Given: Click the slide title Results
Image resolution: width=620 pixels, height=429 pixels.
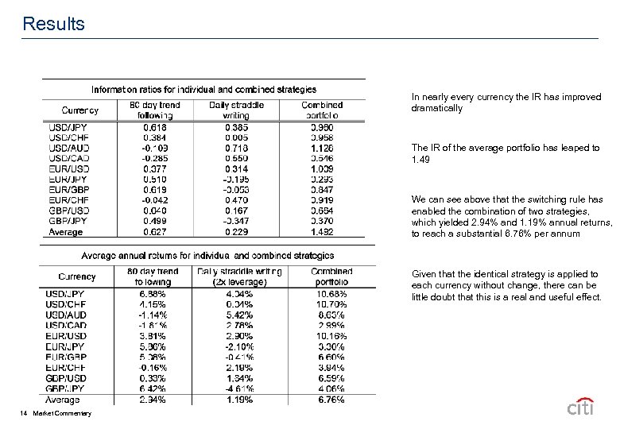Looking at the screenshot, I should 54,24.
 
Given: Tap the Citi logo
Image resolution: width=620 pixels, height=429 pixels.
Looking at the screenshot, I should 583,408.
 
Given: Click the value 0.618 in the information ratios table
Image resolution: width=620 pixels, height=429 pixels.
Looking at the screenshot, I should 155,126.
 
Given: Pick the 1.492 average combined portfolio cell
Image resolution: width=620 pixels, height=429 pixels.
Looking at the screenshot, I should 322,232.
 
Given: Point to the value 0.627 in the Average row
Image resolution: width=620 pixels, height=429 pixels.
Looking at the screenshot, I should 155,232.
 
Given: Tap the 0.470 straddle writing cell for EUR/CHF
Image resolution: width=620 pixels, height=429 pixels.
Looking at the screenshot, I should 236,200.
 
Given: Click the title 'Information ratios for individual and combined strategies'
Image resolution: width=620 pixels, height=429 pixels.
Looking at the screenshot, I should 203,90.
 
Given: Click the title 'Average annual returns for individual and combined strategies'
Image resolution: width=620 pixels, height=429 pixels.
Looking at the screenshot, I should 207,256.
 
